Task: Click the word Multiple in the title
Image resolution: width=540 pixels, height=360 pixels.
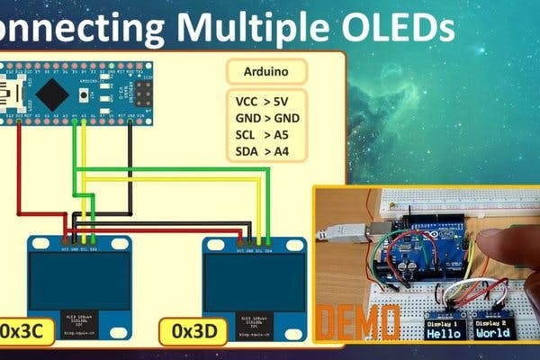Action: coord(238,27)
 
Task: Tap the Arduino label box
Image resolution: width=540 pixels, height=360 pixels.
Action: coord(265,73)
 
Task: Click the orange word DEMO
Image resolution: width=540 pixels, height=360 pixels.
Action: coord(361,321)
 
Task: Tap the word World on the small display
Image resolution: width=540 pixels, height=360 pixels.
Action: coord(492,332)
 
